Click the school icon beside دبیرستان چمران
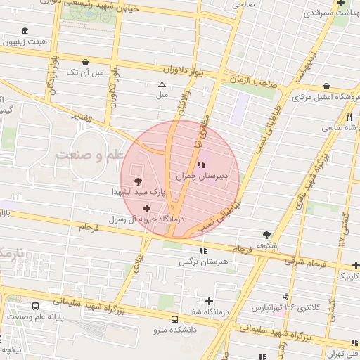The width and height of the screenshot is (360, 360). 202,165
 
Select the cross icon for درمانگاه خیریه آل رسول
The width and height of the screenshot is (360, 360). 146,208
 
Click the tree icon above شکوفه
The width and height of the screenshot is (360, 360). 266,235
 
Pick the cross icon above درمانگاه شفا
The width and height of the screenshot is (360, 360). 210,301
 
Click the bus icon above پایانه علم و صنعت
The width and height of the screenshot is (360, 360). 36,307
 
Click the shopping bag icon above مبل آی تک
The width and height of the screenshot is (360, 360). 86,62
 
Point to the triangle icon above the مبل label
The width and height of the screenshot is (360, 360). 162,84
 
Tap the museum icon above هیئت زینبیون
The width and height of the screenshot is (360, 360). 25,32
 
